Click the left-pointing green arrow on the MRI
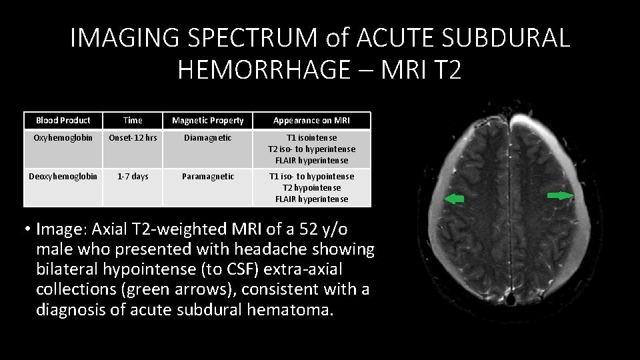pyautogui.click(x=455, y=198)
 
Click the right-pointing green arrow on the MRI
pyautogui.click(x=559, y=195)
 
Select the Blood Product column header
pyautogui.click(x=63, y=121)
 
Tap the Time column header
pyautogui.click(x=133, y=121)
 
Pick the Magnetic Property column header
pyautogui.click(x=208, y=121)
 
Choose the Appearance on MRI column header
pyautogui.click(x=311, y=121)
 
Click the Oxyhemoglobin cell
pyautogui.click(x=63, y=138)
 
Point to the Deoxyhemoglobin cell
pyautogui.click(x=63, y=177)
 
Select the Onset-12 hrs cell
pyautogui.click(x=133, y=138)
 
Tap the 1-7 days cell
pyautogui.click(x=133, y=177)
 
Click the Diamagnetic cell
pyautogui.click(x=208, y=138)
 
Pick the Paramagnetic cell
pyautogui.click(x=208, y=177)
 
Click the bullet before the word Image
pyautogui.click(x=29, y=230)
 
